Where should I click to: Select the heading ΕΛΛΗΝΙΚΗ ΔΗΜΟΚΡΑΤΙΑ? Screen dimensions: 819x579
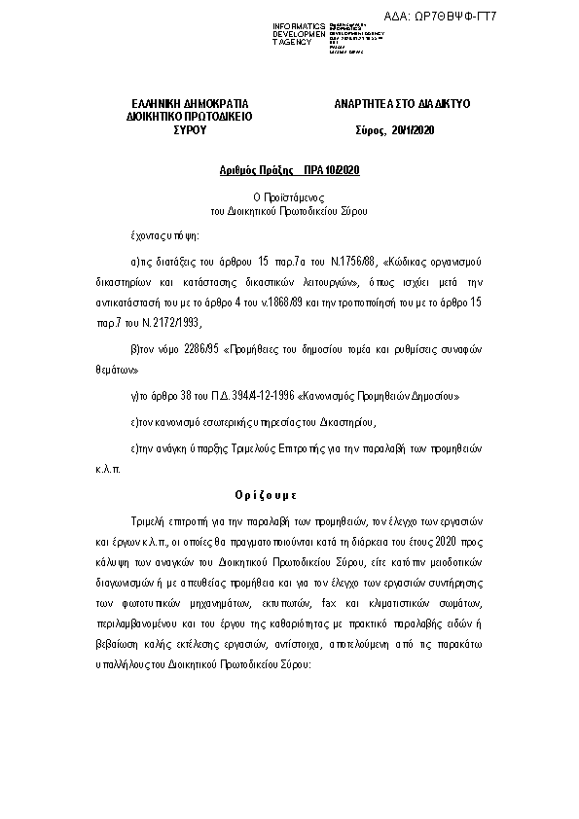tap(190, 102)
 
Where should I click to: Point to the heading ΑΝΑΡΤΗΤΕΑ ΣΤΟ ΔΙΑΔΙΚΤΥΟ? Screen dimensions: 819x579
tap(389, 102)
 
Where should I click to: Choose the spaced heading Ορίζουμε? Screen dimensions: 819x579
tap(290, 493)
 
